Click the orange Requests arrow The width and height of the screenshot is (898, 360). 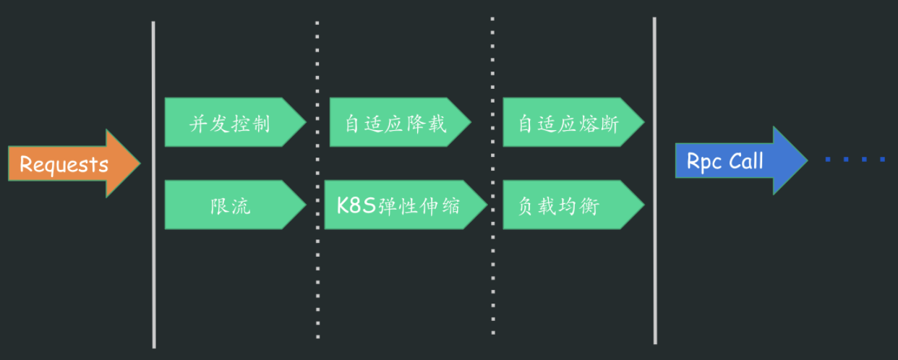click(74, 163)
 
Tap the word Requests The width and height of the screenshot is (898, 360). click(64, 165)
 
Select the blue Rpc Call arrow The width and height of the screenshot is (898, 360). click(742, 160)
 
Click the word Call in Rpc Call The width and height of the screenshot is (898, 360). click(746, 161)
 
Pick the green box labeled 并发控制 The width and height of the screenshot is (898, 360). click(235, 122)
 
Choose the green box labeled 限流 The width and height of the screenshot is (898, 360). click(235, 205)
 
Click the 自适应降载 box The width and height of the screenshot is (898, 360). click(401, 122)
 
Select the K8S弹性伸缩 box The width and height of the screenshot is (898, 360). click(406, 205)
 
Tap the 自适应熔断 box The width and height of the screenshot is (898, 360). click(573, 122)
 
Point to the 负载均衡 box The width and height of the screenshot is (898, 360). click(573, 205)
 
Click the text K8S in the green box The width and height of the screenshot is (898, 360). click(356, 205)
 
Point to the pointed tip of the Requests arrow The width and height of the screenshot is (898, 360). click(140, 163)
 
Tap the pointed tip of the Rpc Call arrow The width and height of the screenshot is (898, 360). click(808, 160)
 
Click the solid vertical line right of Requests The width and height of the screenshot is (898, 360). click(153, 185)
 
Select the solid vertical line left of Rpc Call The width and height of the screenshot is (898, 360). click(654, 181)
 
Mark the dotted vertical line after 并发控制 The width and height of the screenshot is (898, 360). click(317, 180)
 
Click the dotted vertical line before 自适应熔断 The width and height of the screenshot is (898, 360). click(492, 176)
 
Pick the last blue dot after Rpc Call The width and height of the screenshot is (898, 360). click(882, 160)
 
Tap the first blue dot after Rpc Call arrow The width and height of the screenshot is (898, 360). click(828, 160)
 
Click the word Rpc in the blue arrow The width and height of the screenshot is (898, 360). click(704, 162)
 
